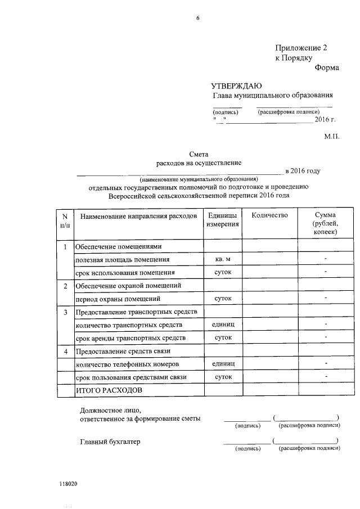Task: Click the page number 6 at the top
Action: pyautogui.click(x=198, y=19)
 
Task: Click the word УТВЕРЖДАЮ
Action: pyautogui.click(x=236, y=86)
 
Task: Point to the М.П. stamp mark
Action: pyautogui.click(x=332, y=136)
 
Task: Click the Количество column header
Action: pyautogui.click(x=269, y=215)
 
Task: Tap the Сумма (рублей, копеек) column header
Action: pyautogui.click(x=326, y=223)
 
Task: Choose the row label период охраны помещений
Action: pyautogui.click(x=118, y=299)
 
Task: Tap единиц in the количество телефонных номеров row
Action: pyautogui.click(x=223, y=364)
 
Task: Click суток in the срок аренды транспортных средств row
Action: pyautogui.click(x=223, y=337)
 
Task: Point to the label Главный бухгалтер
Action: pyautogui.click(x=110, y=442)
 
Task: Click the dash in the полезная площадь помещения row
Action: pyautogui.click(x=326, y=259)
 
